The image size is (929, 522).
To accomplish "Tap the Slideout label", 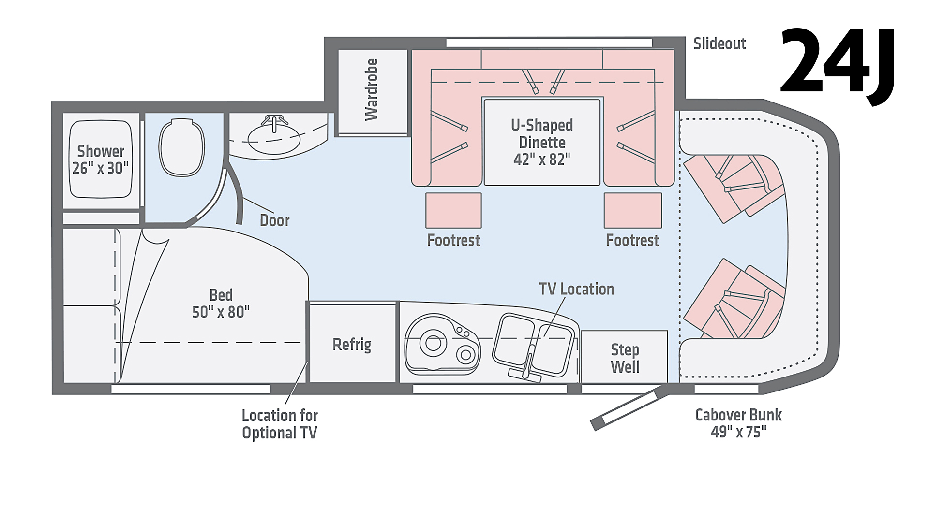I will pos(719,43).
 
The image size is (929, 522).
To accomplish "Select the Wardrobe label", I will pos(372,89).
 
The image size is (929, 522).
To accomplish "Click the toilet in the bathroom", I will pos(181,147).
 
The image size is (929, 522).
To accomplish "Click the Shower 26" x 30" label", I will pos(101,159).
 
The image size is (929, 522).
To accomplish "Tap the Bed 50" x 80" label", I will pos(221,304).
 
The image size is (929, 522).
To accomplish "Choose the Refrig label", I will pos(352,345).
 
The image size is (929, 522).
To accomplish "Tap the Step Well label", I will pos(625,358).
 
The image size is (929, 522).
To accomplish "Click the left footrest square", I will pos(453,210).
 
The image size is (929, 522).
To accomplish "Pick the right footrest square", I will pos(632,210).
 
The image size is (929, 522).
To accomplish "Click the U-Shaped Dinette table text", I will pos(542,142).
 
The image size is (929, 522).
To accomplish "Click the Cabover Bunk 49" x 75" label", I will pos(738,423).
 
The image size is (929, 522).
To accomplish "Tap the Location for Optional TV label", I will pos(280,424).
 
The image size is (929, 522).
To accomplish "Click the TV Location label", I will pos(576,289).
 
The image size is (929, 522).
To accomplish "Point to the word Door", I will pos(274,220).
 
